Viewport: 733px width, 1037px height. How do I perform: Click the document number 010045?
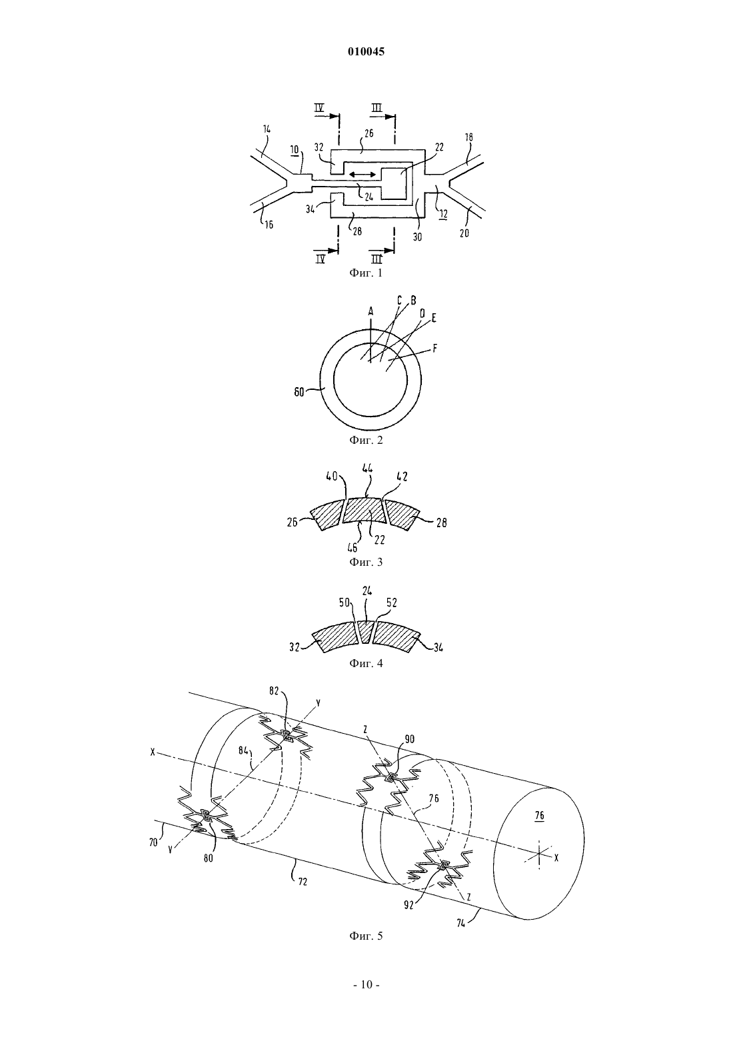pyautogui.click(x=366, y=52)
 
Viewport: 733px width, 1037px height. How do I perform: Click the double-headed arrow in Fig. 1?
pyautogui.click(x=363, y=174)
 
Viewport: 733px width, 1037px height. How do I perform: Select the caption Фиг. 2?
pyautogui.click(x=366, y=440)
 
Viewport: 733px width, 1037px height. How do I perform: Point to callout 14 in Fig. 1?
pyautogui.click(x=267, y=130)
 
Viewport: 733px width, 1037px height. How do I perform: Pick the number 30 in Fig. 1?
pyautogui.click(x=417, y=237)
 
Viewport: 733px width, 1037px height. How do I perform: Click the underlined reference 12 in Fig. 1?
pyautogui.click(x=443, y=214)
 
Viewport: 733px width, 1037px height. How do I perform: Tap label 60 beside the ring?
pyautogui.click(x=299, y=392)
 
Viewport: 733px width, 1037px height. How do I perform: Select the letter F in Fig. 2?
pyautogui.click(x=434, y=349)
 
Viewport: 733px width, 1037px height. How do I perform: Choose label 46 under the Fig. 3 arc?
pyautogui.click(x=353, y=548)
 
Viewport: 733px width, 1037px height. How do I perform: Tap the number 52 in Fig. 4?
pyautogui.click(x=392, y=602)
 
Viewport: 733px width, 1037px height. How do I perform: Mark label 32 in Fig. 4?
pyautogui.click(x=295, y=647)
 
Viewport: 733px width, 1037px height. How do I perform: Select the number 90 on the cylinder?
pyautogui.click(x=410, y=739)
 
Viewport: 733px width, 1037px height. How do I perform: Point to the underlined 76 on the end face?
pyautogui.click(x=539, y=816)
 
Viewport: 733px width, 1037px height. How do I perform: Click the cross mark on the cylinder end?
pyautogui.click(x=539, y=852)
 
